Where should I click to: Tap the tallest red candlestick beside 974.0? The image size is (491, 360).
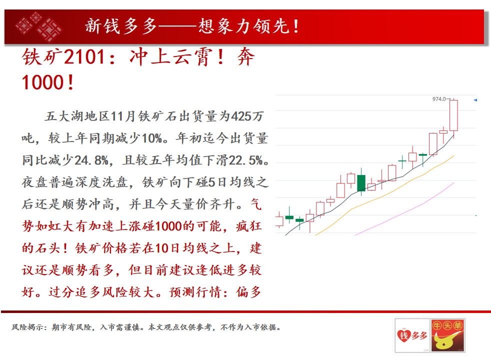click(x=453, y=115)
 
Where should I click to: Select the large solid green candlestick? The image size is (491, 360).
click(x=361, y=183)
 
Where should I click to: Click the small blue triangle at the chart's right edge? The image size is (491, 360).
click(x=475, y=100)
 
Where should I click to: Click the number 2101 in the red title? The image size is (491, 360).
click(x=84, y=57)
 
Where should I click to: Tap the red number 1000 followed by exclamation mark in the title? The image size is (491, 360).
click(x=47, y=82)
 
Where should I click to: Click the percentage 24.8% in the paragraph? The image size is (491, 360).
click(x=91, y=160)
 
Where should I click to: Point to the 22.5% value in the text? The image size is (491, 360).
click(x=246, y=160)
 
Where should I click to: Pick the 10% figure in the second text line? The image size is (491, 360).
click(x=151, y=138)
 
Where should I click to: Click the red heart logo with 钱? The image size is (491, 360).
click(x=403, y=336)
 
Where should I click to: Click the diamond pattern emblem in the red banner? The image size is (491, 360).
click(x=39, y=26)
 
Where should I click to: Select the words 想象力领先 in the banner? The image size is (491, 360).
click(x=243, y=26)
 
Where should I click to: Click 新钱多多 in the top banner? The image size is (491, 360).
click(x=121, y=26)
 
